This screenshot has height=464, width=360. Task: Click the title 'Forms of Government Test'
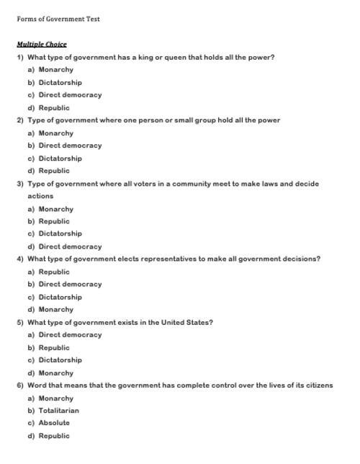58,19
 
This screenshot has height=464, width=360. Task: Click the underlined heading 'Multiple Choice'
41,45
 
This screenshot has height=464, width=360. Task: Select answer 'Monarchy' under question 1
55,70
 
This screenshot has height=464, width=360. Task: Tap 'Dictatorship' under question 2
60,159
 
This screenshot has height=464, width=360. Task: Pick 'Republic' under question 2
54,171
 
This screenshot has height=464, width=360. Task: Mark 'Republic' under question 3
54,221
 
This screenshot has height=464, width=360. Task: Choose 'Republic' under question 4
54,272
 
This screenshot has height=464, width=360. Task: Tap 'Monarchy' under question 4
55,310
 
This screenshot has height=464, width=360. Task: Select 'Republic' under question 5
54,347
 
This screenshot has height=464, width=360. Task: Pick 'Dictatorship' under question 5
60,360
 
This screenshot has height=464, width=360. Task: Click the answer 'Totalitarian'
58,411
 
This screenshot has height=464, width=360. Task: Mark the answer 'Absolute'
54,423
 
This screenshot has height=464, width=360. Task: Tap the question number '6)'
20,385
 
